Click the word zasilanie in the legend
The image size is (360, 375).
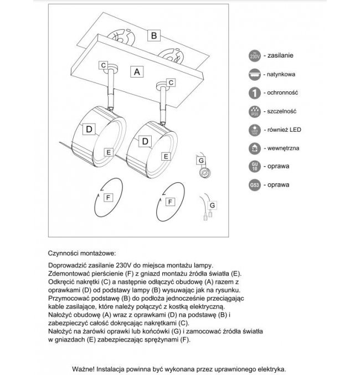280,55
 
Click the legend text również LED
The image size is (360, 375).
285,130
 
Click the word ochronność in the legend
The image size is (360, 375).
284,92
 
